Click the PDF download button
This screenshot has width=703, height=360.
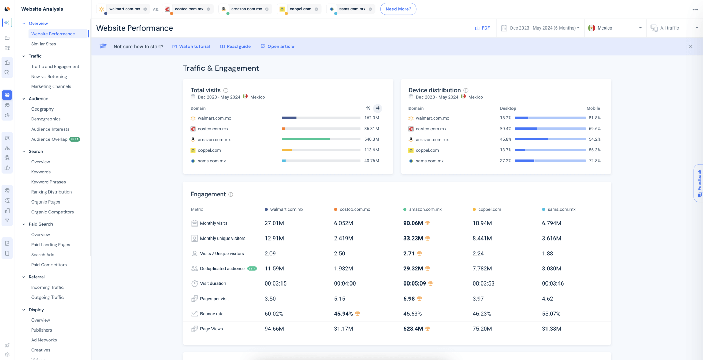pyautogui.click(x=482, y=28)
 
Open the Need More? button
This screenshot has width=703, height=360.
pyautogui.click(x=398, y=9)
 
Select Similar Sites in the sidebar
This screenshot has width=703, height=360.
pyautogui.click(x=43, y=44)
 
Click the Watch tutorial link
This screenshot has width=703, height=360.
pyautogui.click(x=191, y=47)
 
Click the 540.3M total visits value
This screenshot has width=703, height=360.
pyautogui.click(x=371, y=139)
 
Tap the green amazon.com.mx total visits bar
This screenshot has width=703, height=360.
pyautogui.click(x=305, y=139)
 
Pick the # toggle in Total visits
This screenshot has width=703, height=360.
pyautogui.click(x=378, y=108)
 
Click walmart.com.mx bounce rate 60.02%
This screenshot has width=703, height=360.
pyautogui.click(x=274, y=314)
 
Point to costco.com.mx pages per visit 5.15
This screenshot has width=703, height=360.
pyautogui.click(x=339, y=299)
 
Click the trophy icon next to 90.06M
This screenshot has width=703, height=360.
pyautogui.click(x=428, y=223)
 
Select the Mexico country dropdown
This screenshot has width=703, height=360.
pyautogui.click(x=615, y=28)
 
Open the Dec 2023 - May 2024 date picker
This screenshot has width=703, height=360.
pyautogui.click(x=540, y=28)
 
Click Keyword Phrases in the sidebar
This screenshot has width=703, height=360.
pyautogui.click(x=48, y=182)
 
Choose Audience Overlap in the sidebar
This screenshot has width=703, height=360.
pyautogui.click(x=49, y=139)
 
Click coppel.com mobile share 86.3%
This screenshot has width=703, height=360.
pyautogui.click(x=595, y=150)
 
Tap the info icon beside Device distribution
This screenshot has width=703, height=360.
pyautogui.click(x=466, y=91)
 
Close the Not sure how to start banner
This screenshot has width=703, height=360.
pyautogui.click(x=691, y=47)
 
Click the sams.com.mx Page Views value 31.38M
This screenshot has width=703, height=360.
pyautogui.click(x=551, y=329)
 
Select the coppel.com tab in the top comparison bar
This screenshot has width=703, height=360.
pyautogui.click(x=300, y=9)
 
